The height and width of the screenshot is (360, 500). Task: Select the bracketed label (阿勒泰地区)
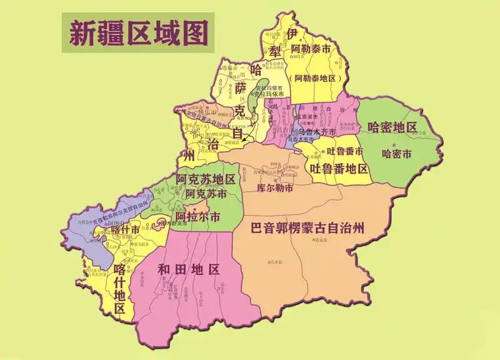[x=315, y=79]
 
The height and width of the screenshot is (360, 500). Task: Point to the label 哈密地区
[x=392, y=127]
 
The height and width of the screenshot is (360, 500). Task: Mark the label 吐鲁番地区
[x=340, y=168]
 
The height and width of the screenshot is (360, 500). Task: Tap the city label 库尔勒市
[x=275, y=187]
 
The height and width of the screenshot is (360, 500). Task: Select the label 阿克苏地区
[x=206, y=180]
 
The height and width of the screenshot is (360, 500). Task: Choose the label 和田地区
[x=190, y=269]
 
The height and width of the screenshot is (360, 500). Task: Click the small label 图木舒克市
[x=174, y=222]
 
